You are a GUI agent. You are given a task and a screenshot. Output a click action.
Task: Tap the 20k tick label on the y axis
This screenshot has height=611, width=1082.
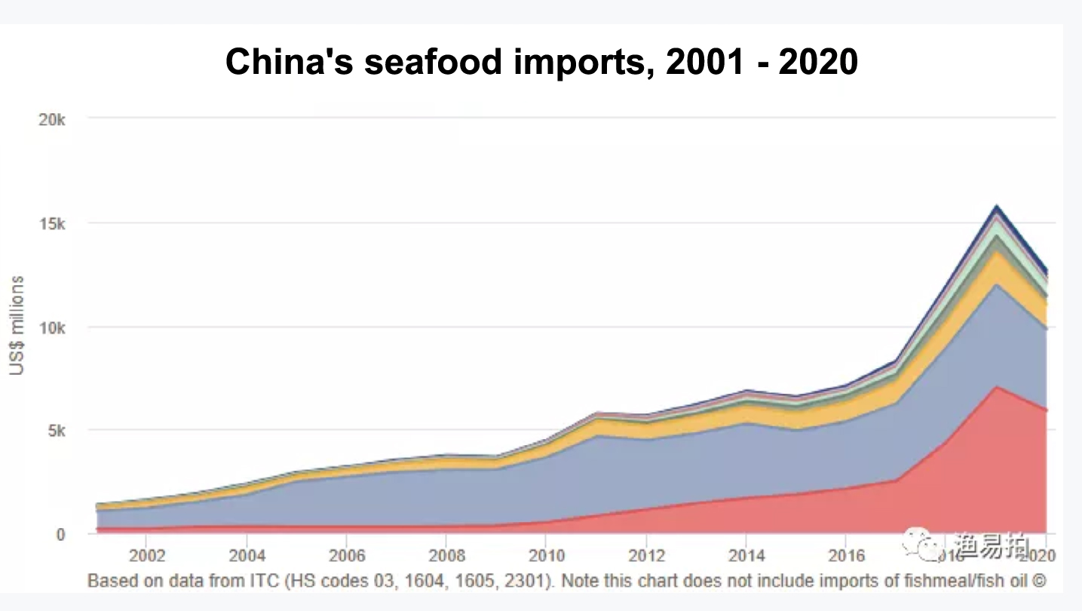click(52, 120)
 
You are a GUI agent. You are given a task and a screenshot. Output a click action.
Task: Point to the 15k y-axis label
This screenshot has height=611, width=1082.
click(52, 224)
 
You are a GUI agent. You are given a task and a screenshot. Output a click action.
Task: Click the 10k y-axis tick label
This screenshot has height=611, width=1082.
click(52, 328)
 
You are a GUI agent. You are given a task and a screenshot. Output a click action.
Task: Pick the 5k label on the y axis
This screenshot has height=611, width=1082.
click(57, 431)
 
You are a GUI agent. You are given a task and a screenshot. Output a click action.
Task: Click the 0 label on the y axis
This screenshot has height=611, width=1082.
click(61, 535)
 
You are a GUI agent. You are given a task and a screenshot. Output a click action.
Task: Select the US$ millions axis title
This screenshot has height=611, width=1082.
click(17, 325)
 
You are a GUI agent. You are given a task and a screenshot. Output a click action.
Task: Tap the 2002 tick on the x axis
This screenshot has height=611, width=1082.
click(146, 556)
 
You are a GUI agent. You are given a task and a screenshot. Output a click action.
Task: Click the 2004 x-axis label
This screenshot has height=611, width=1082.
click(247, 556)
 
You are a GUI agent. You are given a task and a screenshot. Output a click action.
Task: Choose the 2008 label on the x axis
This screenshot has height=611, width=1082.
click(446, 556)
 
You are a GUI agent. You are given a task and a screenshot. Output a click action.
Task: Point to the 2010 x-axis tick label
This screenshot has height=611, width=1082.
click(546, 556)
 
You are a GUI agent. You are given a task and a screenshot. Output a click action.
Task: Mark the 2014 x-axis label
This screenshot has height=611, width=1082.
click(746, 556)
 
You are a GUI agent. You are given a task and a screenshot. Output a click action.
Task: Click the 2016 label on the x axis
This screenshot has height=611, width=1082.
click(845, 556)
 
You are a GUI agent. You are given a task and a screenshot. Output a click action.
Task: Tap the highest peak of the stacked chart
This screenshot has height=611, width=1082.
click(996, 205)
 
